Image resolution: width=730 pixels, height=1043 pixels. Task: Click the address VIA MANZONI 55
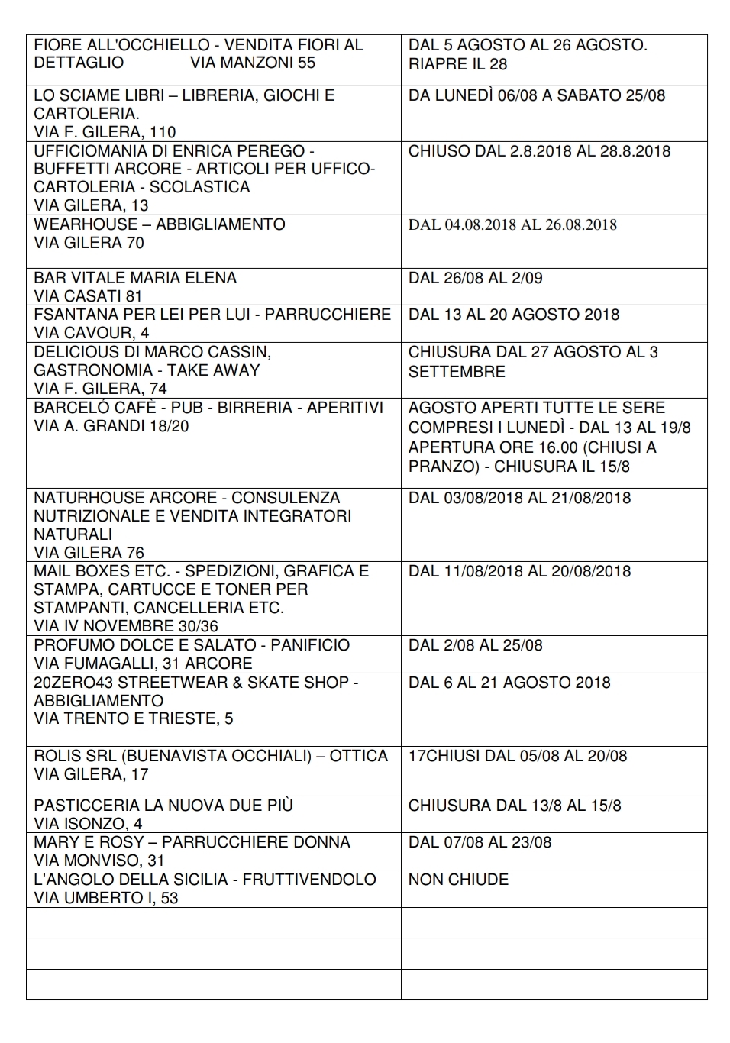252,63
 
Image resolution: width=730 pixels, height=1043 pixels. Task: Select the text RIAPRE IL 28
457,64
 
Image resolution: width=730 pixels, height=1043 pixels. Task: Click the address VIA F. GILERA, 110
105,132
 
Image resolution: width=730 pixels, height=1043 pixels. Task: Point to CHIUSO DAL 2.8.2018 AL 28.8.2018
539,151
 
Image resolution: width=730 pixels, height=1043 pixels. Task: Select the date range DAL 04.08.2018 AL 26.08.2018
512,225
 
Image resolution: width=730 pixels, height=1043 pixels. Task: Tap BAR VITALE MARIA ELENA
135,278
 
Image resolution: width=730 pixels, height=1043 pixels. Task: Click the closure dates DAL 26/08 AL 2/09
475,278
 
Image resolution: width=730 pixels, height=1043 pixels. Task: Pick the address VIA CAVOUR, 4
92,333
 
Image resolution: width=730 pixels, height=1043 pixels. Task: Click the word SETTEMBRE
457,372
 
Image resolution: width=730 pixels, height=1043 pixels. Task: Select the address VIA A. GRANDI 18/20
111,426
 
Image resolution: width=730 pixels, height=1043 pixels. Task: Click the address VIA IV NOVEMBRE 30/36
126,627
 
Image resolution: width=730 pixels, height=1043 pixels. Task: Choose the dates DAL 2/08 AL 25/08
475,645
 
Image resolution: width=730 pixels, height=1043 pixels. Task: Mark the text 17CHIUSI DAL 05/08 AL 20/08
518,756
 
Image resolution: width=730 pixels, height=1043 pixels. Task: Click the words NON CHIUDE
458,880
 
